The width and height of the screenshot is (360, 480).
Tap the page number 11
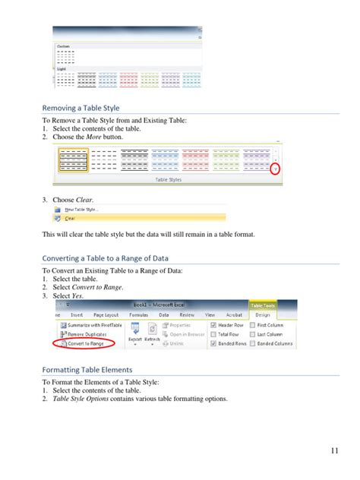[x=334, y=451]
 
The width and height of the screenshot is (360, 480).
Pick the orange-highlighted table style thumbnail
[x=73, y=159]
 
